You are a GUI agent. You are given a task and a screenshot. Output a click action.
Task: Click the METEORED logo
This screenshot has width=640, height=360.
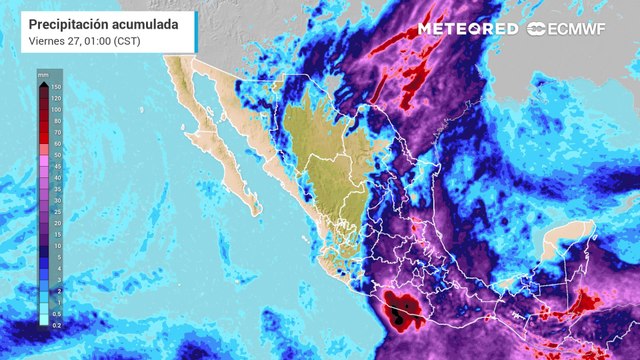coord(467,29)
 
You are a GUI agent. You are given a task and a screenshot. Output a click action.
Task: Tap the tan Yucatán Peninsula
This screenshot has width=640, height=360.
coord(566,245)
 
